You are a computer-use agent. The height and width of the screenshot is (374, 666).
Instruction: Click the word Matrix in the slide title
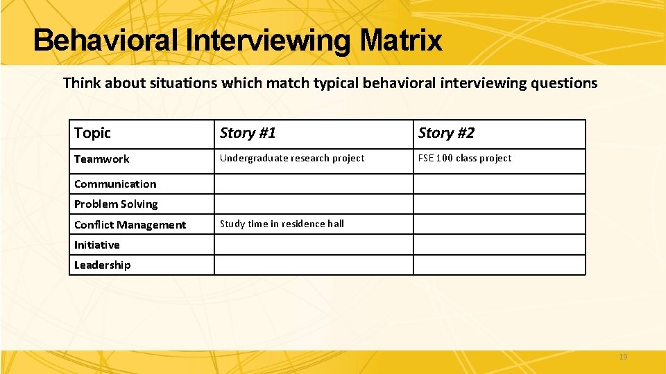pos(400,40)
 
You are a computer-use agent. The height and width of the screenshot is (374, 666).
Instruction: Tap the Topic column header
pos(92,133)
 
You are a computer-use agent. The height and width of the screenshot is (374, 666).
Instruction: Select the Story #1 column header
pos(248,133)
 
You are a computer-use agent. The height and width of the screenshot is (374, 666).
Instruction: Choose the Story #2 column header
pos(446,133)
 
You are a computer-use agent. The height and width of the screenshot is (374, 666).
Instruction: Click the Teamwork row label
pos(101,159)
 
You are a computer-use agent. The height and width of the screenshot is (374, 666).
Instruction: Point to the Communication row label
pos(115,184)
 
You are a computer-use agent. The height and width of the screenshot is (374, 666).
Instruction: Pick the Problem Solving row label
pos(116,204)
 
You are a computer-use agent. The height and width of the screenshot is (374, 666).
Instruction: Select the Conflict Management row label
pos(130,224)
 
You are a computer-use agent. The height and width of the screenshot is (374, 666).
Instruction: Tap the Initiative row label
pos(96,244)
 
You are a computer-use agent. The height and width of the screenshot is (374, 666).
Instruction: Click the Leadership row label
pos(102,265)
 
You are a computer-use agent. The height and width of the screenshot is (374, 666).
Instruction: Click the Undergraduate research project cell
pos(291,159)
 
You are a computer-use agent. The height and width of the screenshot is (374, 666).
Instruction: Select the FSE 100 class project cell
pos(464,159)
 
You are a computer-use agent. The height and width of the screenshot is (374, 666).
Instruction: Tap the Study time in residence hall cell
pos(282,224)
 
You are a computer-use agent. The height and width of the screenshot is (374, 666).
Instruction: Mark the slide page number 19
pos(622,357)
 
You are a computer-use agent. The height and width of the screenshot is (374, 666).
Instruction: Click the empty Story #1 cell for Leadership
pos(313,265)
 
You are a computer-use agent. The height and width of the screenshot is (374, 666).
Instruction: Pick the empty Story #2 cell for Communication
pos(499,184)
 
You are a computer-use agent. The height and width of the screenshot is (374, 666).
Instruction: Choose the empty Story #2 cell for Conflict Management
pos(499,224)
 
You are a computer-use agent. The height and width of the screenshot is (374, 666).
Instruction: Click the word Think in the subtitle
pos(80,83)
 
